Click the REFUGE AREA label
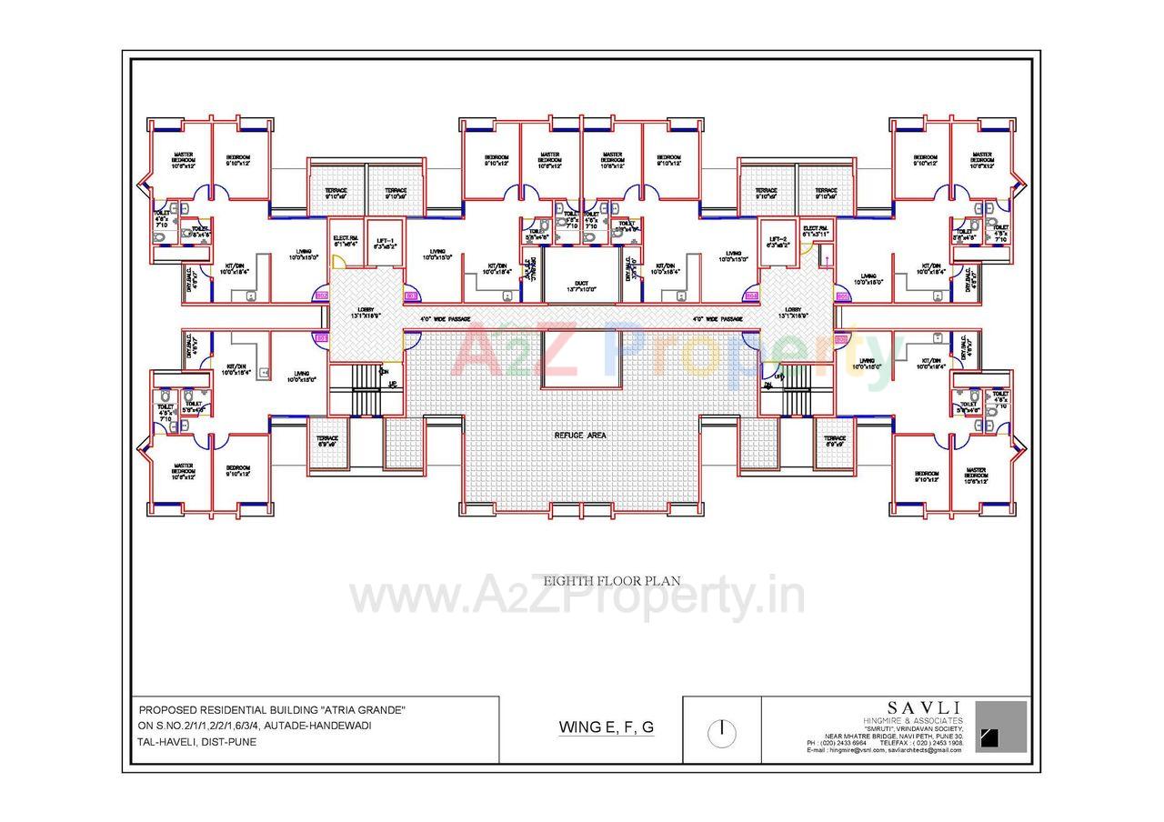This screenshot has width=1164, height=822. click(580, 436)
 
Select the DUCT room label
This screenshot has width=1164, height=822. click(580, 286)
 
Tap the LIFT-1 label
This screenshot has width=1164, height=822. click(385, 243)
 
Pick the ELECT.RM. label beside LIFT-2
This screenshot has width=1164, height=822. click(816, 231)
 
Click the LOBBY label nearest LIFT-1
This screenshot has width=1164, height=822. click(366, 312)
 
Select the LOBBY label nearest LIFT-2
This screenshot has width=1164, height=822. click(794, 312)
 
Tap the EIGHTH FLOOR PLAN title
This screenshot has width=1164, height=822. click(611, 580)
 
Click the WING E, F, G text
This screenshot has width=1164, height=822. click(606, 727)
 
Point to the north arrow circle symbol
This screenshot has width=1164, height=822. click(721, 732)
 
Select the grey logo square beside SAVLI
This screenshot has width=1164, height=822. click(1001, 726)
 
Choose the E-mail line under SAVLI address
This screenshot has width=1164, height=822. click(884, 749)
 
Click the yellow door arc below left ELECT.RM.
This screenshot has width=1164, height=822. click(338, 262)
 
